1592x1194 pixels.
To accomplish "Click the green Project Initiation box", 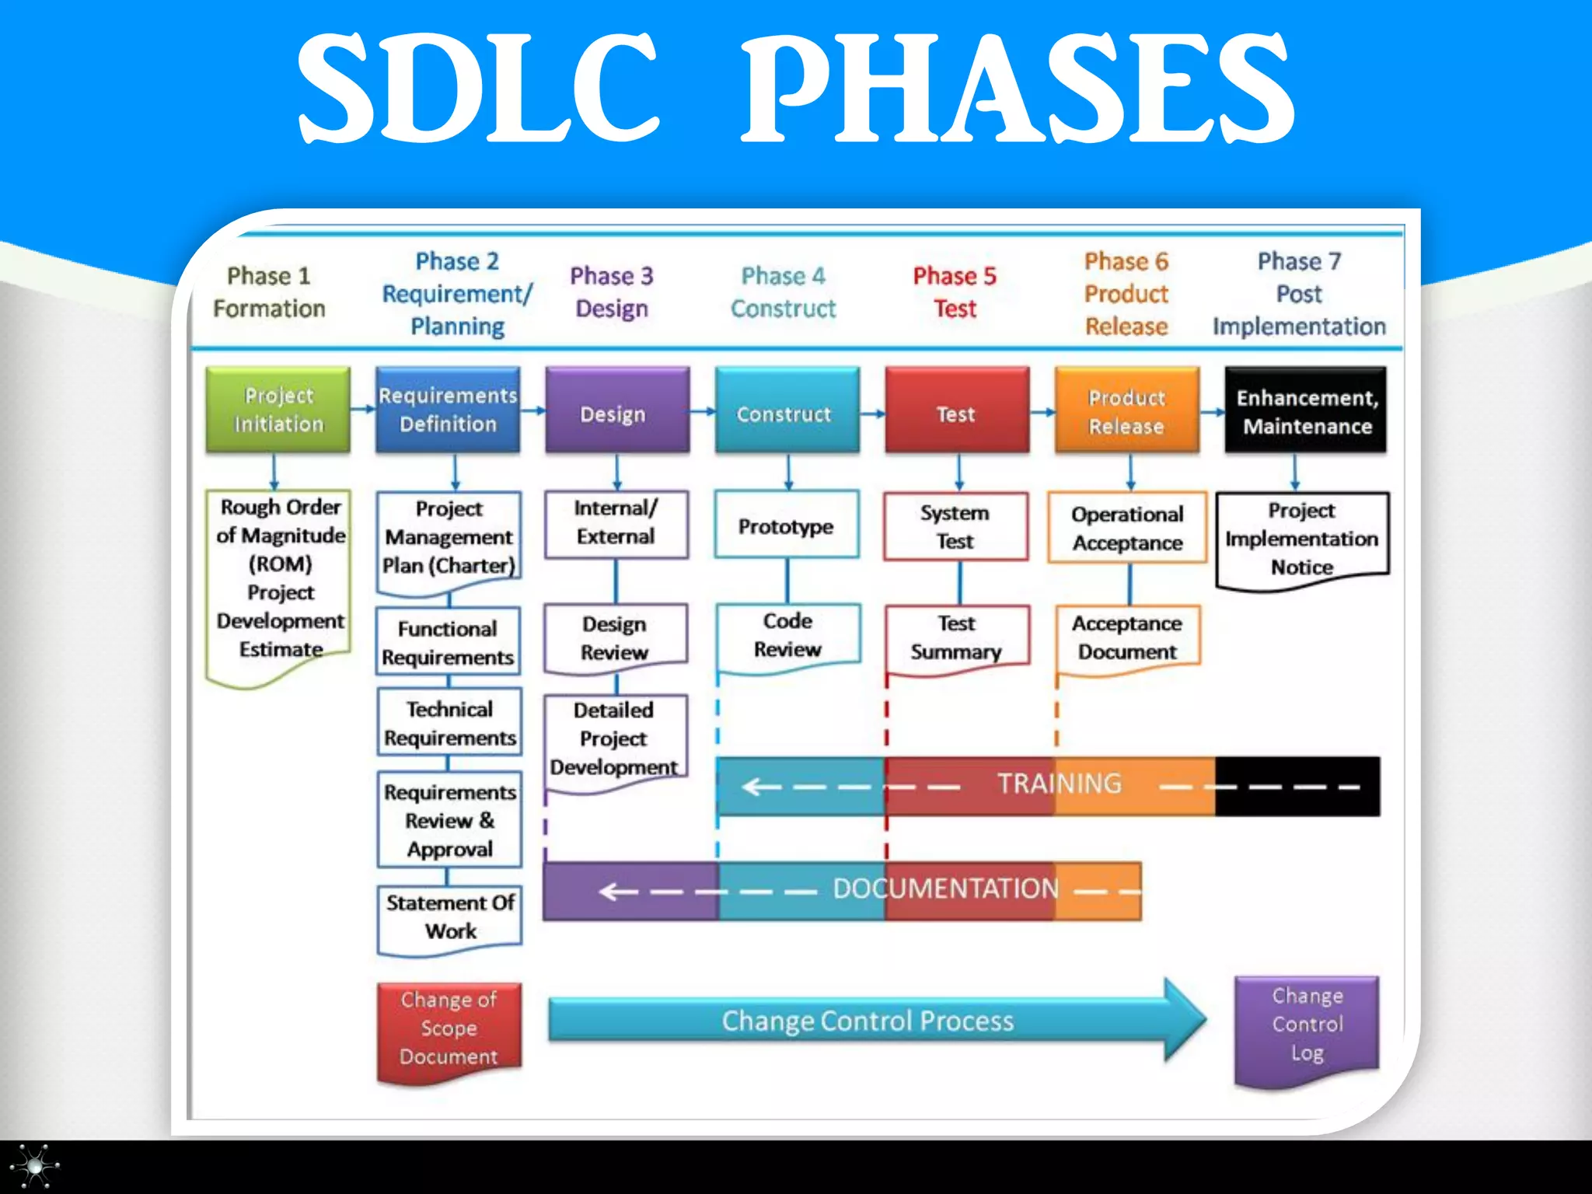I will [278, 410].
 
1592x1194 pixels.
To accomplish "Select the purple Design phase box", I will [617, 410].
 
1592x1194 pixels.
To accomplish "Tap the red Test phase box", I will [957, 410].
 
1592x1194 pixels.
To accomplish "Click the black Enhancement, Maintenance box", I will [1306, 410].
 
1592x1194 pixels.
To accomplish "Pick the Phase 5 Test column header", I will [955, 292].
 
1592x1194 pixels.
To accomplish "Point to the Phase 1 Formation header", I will [269, 292].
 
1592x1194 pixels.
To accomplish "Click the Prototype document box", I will [787, 525].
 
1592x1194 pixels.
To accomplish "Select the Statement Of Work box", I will [450, 917].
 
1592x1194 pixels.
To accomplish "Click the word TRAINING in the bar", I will [1060, 784].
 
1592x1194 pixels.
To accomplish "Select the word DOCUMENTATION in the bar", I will [945, 889].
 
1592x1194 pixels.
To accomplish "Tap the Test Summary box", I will [957, 637].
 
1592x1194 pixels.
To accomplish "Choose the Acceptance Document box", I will [1127, 637].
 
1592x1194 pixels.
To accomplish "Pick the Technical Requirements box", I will [450, 723].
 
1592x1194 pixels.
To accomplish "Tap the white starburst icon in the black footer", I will [34, 1166].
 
